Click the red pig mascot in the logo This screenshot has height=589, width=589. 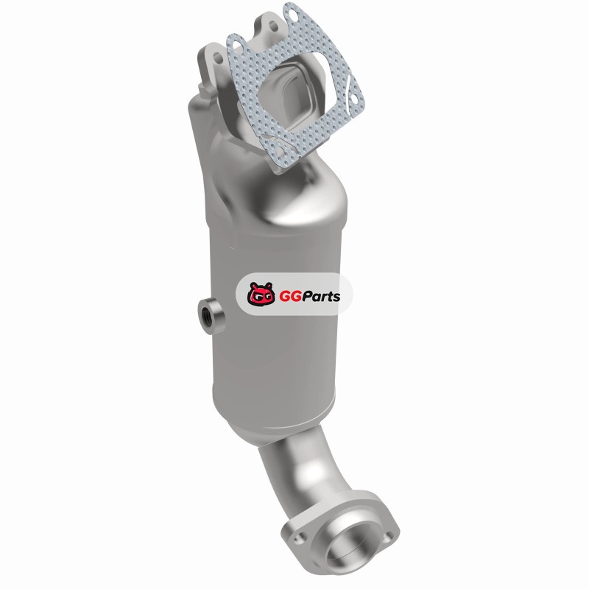(261, 294)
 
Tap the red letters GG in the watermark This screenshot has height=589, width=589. (291, 297)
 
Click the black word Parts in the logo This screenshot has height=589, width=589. (322, 297)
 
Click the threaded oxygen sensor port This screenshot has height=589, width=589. (208, 311)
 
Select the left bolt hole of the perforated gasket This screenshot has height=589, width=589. (237, 46)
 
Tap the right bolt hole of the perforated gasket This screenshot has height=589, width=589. (353, 99)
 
